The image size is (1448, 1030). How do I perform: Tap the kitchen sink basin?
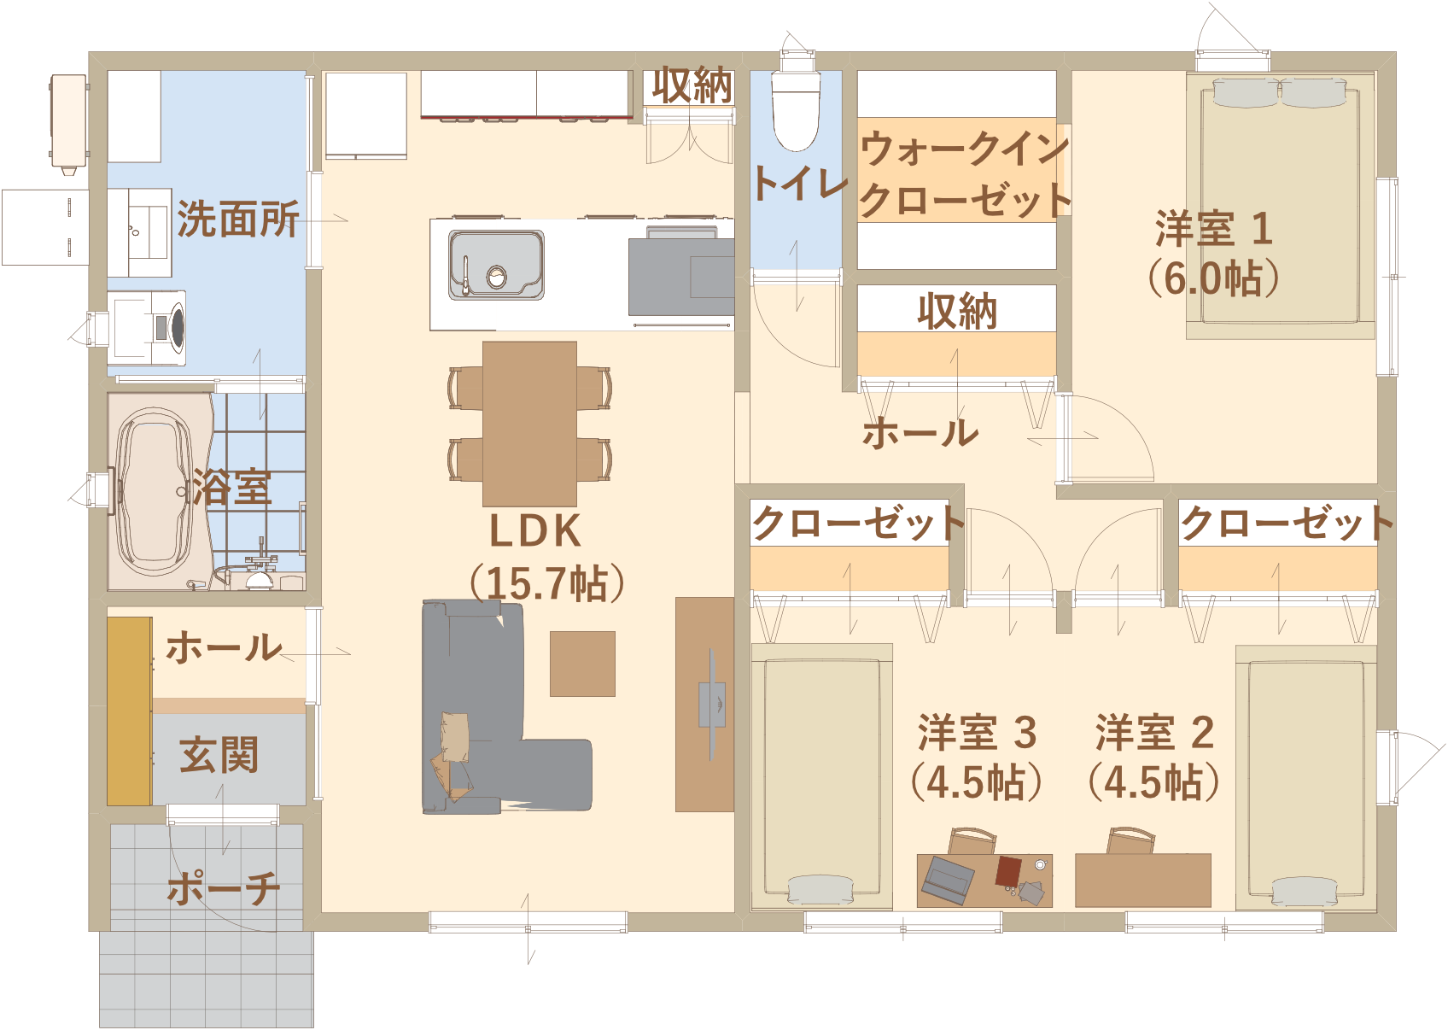496,265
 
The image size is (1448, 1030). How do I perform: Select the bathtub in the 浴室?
154,491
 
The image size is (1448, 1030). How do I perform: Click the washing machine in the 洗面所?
147,328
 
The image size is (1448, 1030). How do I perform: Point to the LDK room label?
535,531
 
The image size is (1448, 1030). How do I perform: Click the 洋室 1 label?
1214,229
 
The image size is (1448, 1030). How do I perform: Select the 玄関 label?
219,754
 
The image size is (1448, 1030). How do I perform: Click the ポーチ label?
224,887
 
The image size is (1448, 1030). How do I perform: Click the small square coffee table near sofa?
582,664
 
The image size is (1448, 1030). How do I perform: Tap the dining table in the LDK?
529,424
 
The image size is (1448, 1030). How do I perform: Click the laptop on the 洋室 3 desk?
948,880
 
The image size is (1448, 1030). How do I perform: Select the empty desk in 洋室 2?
1143,880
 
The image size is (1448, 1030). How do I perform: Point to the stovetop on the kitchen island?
681,277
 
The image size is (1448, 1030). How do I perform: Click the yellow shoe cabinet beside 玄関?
129,711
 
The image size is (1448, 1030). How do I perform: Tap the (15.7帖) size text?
547,583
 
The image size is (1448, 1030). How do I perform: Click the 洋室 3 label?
977,733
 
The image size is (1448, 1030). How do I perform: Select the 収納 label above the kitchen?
692,86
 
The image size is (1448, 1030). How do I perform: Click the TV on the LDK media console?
712,705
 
